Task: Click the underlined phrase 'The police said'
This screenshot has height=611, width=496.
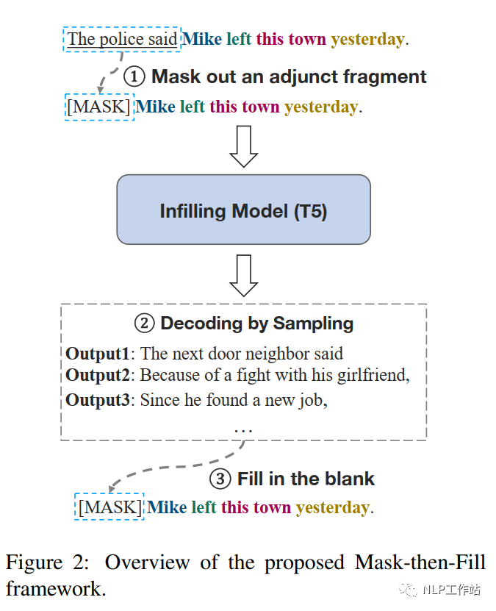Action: click(123, 39)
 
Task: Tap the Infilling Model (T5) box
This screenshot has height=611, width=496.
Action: click(243, 211)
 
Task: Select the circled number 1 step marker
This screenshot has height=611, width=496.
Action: click(134, 76)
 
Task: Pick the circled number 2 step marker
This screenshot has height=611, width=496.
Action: click(145, 324)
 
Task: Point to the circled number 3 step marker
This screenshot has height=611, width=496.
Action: click(220, 479)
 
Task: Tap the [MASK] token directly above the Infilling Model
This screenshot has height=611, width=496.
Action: click(99, 107)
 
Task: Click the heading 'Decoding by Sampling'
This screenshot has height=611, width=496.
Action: click(256, 324)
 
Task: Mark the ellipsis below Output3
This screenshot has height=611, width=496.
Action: click(242, 428)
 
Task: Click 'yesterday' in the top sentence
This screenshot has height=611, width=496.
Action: click(367, 39)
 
